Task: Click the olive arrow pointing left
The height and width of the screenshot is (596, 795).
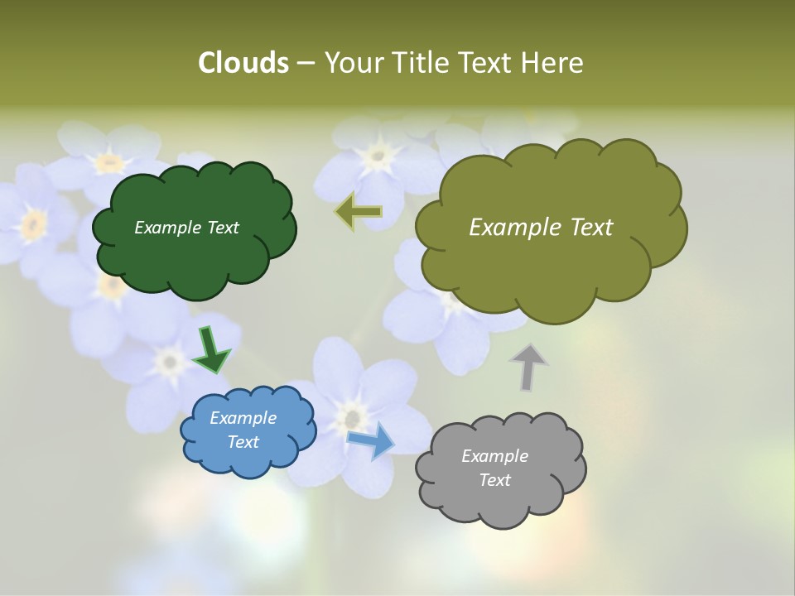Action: pos(359,212)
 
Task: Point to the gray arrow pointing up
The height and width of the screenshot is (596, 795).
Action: pos(528,367)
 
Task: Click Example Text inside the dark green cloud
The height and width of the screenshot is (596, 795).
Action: pos(186,228)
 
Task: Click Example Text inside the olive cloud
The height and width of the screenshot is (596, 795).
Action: pos(541,228)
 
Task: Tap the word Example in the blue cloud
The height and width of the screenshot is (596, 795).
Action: pos(243,418)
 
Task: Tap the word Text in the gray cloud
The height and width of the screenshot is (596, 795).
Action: pos(494,480)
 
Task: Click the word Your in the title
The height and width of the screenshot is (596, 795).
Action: pos(350,63)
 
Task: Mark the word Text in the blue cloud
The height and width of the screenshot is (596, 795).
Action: pos(243,442)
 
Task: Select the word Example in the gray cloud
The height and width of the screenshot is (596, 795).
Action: pos(494,456)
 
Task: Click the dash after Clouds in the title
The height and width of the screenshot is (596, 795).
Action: pos(305,64)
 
